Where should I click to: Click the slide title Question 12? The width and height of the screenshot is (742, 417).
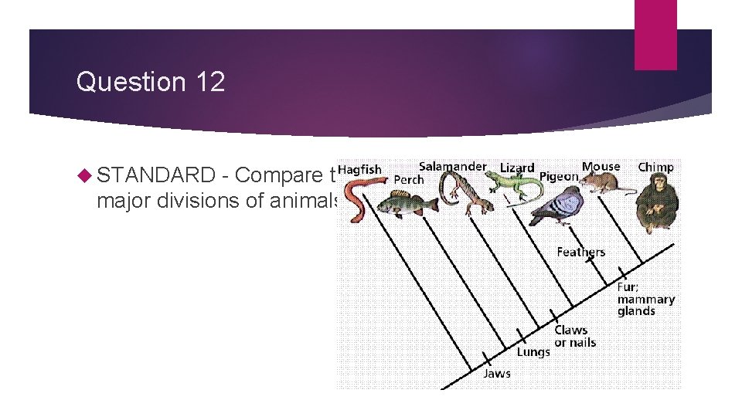[x=151, y=82]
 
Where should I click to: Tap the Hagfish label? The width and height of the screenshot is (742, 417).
[x=360, y=169]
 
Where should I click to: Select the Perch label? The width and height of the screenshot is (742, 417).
[x=409, y=180]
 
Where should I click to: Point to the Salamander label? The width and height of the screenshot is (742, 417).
[x=452, y=166]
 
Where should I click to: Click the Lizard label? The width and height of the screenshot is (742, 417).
[x=517, y=168]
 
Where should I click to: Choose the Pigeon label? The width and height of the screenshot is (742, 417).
[x=559, y=177]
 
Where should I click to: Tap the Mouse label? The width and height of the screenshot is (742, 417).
[x=601, y=166]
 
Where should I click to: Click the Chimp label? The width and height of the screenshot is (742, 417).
[x=655, y=167]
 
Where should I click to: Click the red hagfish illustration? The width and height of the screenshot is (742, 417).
[x=358, y=198]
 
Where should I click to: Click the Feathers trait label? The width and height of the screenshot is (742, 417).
[x=580, y=252]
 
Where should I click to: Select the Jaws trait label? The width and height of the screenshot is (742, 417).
[x=496, y=373]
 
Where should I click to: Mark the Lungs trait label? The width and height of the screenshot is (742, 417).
[x=533, y=351]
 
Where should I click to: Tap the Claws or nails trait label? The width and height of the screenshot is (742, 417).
[x=575, y=336]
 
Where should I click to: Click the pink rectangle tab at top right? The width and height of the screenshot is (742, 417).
[x=655, y=35]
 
